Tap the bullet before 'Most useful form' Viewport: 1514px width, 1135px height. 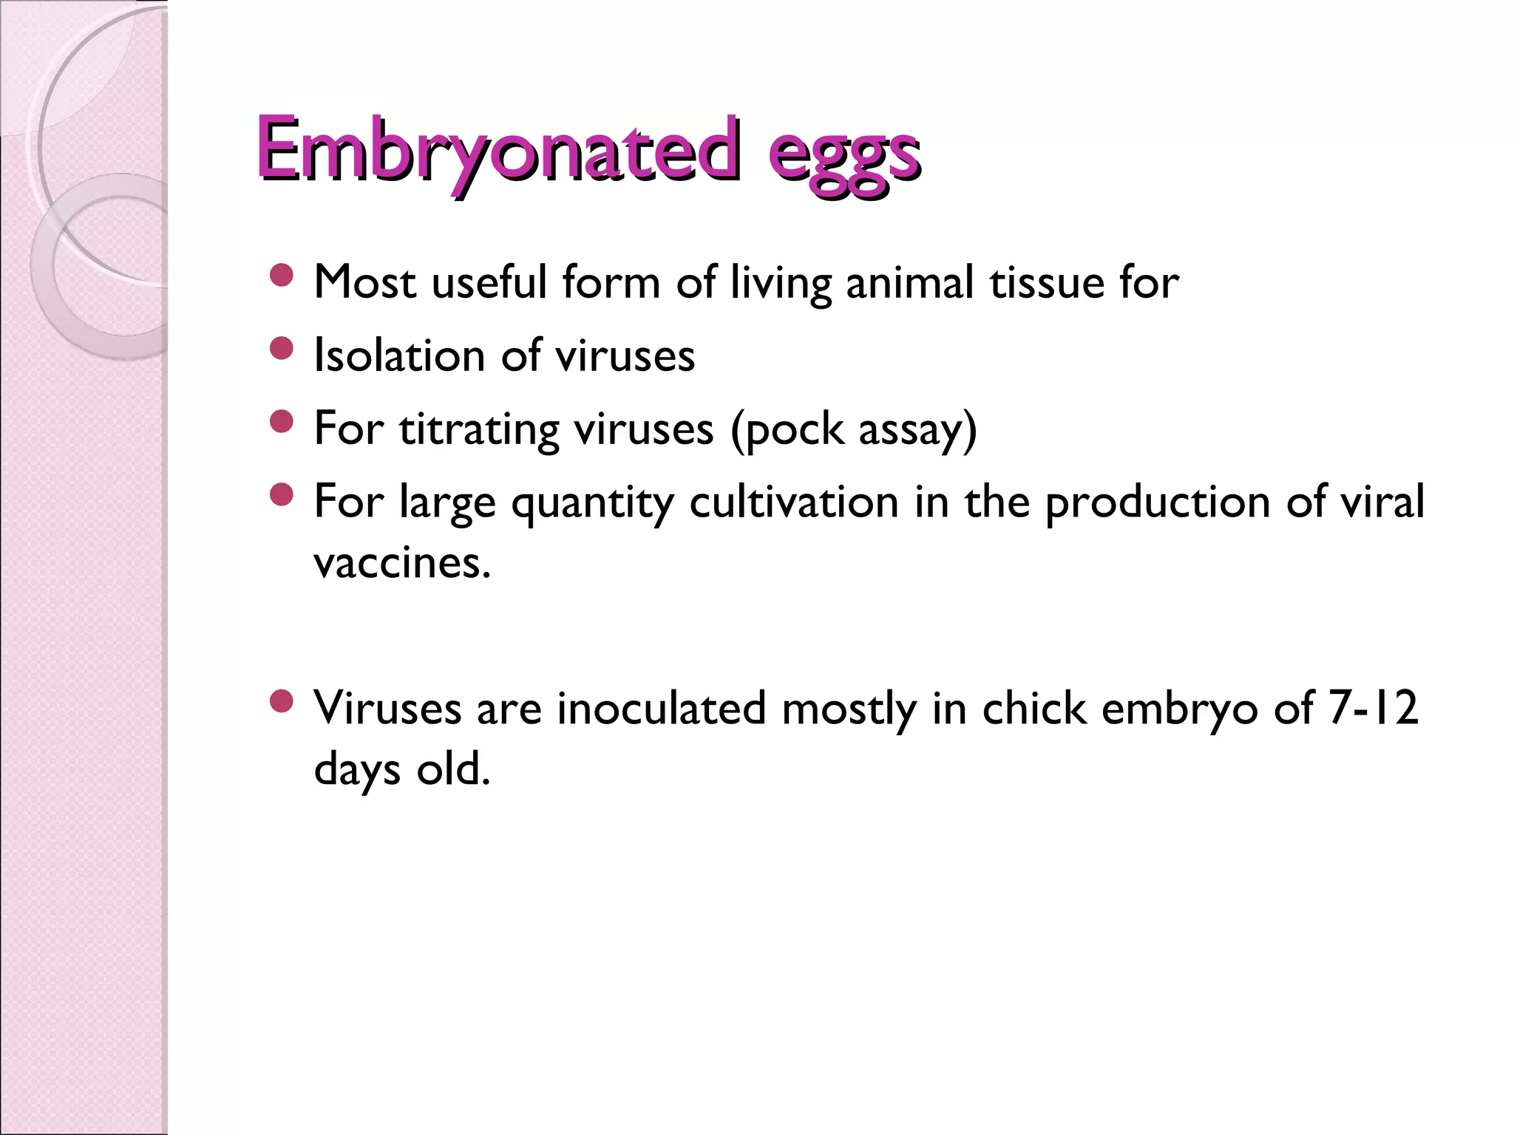(x=282, y=276)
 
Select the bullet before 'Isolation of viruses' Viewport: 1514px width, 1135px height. (x=282, y=349)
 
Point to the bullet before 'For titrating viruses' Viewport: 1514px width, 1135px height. (x=282, y=422)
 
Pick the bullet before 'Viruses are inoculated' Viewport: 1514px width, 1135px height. (x=282, y=701)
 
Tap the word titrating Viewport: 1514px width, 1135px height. (x=478, y=429)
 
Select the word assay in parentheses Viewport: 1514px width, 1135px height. (x=917, y=430)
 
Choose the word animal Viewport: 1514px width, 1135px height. (x=909, y=282)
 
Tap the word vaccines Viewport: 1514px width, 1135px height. (x=402, y=563)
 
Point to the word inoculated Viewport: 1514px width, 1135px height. (x=661, y=708)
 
